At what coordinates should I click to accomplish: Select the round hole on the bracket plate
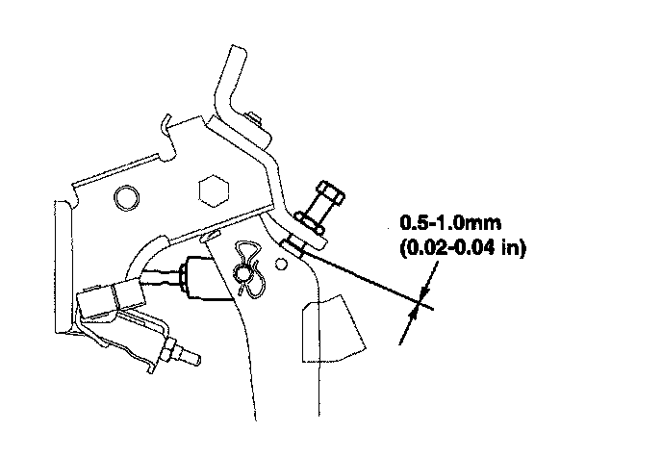[x=123, y=198]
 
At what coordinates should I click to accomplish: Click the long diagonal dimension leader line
[x=366, y=279]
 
